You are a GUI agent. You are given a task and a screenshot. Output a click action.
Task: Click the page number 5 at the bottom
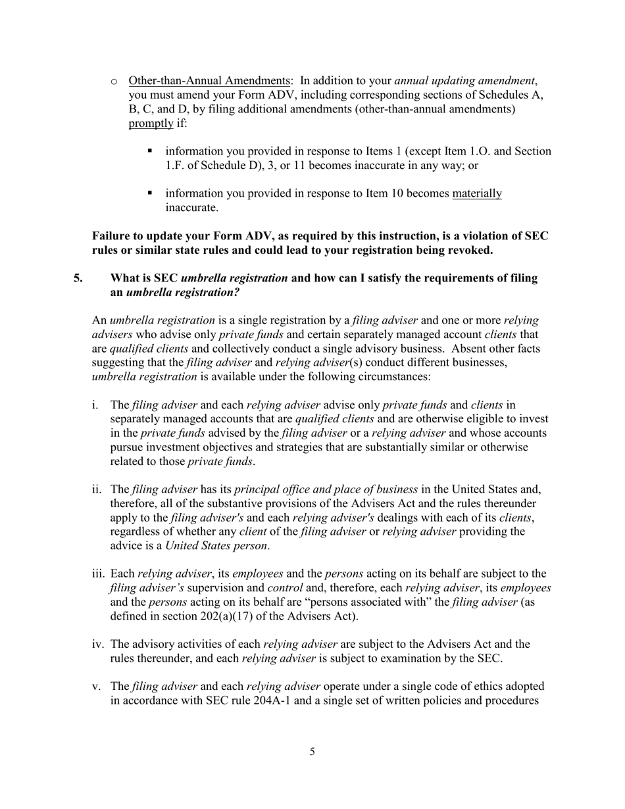click(312, 752)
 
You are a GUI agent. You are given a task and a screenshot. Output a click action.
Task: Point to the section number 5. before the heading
click(78, 278)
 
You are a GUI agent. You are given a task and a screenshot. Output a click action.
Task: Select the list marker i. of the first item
click(97, 405)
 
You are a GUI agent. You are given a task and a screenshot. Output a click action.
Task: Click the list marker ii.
click(97, 489)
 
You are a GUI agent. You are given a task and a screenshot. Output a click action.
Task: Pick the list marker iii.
click(98, 574)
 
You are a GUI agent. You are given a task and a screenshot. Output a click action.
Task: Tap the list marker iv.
click(98, 645)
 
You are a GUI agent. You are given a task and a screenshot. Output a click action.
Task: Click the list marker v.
click(97, 687)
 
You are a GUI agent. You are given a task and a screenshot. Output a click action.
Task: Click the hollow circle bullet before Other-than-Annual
click(113, 82)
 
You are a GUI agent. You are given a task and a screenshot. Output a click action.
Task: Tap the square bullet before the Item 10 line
click(150, 193)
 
